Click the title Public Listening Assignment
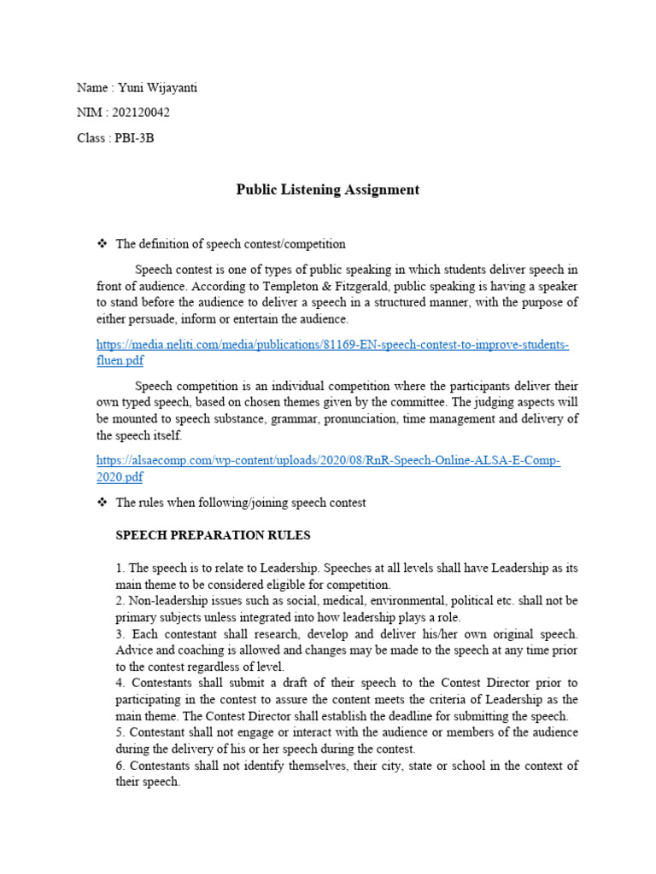(327, 189)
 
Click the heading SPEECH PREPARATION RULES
(213, 536)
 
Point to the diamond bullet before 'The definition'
(100, 244)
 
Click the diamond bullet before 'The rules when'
(100, 503)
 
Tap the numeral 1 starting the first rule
(119, 568)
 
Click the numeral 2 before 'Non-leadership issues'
(119, 601)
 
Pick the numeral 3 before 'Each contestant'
(119, 634)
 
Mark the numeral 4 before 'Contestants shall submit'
(119, 684)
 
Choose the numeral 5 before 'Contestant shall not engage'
(119, 732)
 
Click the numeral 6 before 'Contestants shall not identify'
(119, 766)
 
